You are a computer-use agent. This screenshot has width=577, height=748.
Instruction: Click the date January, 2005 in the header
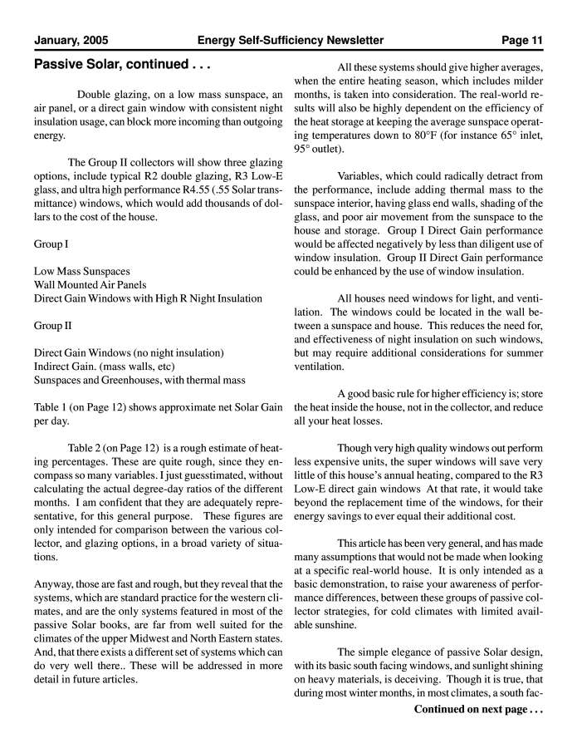point(71,40)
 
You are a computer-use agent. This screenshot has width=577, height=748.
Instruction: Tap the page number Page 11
point(522,40)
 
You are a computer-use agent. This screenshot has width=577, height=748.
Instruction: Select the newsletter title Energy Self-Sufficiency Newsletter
point(291,40)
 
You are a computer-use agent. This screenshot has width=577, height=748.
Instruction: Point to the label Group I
point(51,244)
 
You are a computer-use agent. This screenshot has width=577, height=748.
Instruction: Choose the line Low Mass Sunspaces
point(81,272)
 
